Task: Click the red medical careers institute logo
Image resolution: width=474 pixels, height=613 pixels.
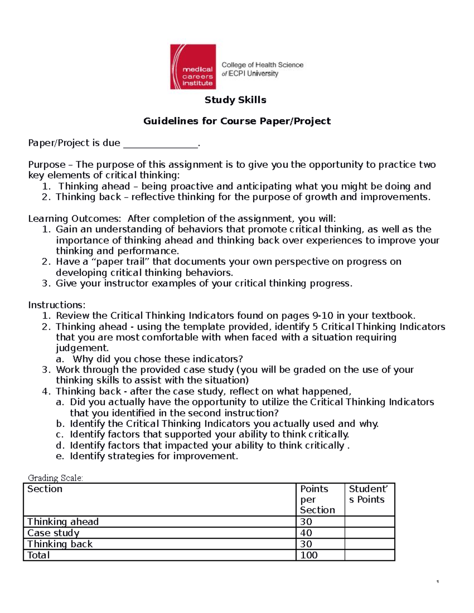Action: pos(193,67)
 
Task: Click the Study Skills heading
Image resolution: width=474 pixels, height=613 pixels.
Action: pos(235,100)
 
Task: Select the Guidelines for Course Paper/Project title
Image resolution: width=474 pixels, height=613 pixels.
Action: pos(237,121)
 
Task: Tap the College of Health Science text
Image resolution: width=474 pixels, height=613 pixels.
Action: pos(262,65)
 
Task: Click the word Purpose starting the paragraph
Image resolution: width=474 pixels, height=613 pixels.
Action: pos(47,165)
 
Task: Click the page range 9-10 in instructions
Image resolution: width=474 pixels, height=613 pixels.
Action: pos(322,316)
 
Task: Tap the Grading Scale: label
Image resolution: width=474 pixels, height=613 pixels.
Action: pos(55,478)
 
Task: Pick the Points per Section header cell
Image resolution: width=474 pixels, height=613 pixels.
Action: pos(320,499)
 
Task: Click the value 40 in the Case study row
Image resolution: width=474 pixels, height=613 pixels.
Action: pos(306,533)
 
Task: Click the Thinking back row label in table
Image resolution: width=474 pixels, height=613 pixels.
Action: pos(60,544)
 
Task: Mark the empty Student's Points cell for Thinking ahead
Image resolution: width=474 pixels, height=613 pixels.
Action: pos(369,522)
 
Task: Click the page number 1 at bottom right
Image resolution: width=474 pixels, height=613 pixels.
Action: pos(438,582)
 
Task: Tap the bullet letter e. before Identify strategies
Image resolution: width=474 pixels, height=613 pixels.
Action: pos(60,457)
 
